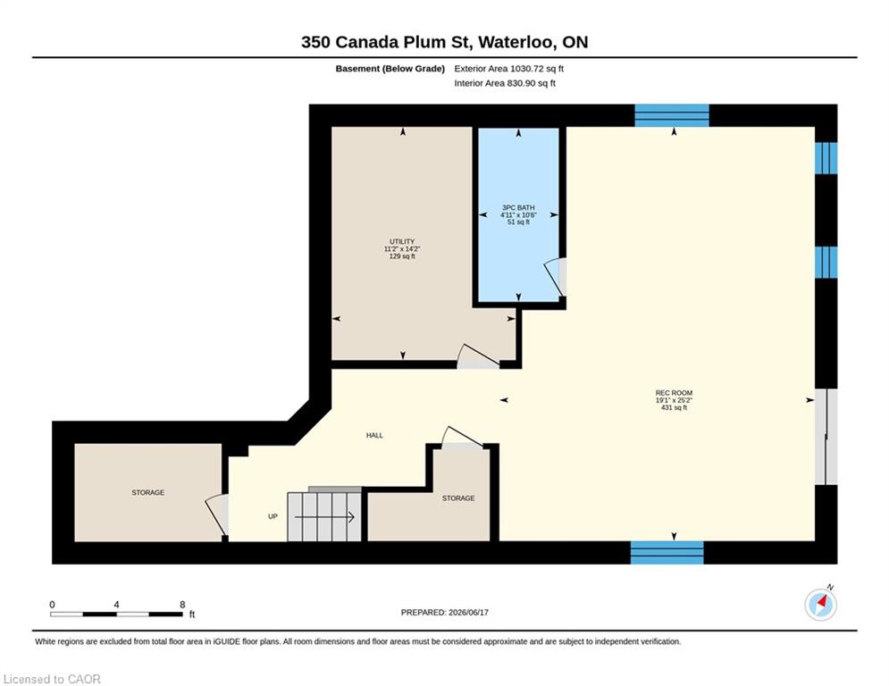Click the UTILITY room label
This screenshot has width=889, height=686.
tap(402, 241)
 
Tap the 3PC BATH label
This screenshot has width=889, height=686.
tap(518, 207)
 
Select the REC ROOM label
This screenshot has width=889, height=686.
tap(674, 393)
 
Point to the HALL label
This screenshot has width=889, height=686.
tap(374, 435)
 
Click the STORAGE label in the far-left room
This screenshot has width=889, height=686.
tap(148, 493)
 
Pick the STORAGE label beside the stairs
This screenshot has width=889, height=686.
tap(458, 498)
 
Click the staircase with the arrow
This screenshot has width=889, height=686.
tap(324, 516)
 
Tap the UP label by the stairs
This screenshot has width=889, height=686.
tap(273, 516)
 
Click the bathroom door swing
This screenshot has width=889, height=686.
tap(555, 277)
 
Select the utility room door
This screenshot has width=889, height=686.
tap(479, 357)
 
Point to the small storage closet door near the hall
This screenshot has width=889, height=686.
tap(463, 439)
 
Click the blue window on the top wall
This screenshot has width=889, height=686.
tap(671, 115)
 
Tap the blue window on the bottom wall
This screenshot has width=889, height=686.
tap(667, 552)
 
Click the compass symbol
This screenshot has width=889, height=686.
tap(820, 605)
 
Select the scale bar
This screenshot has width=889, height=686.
tap(116, 614)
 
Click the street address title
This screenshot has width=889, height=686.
tap(445, 42)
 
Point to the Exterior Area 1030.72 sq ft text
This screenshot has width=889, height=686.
tap(508, 69)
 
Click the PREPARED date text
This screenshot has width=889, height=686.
tap(445, 612)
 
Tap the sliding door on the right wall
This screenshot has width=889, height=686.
tap(826, 437)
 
